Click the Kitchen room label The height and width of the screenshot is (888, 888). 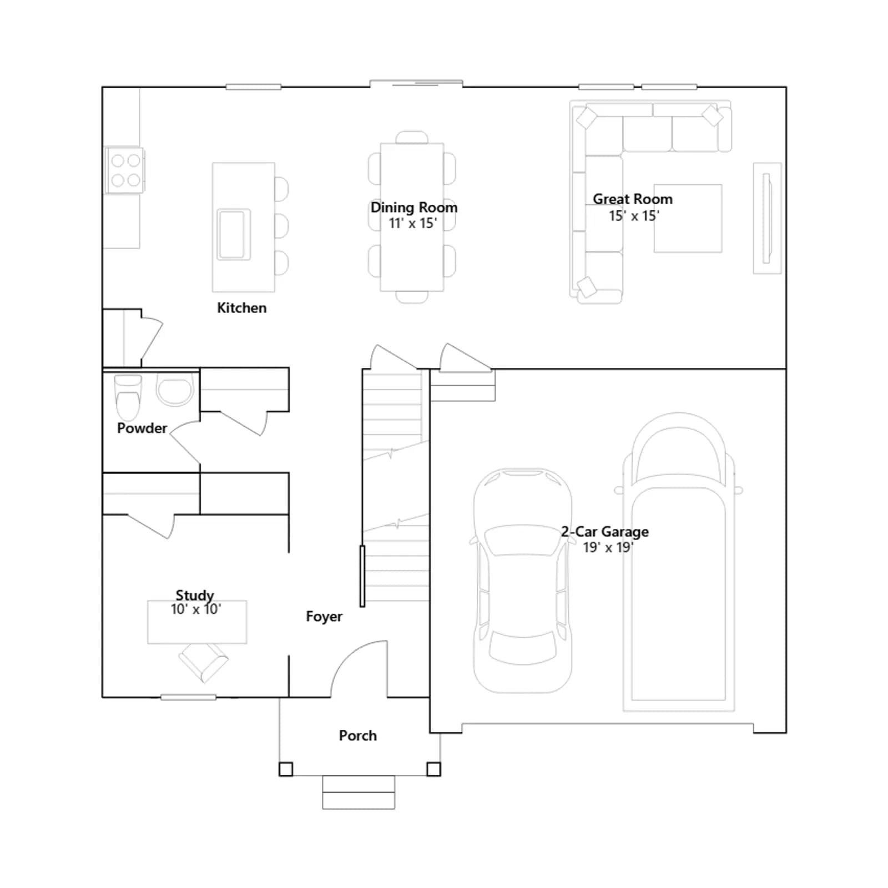(241, 307)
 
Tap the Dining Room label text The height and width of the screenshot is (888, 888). (414, 208)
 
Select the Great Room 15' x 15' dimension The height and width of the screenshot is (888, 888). (634, 216)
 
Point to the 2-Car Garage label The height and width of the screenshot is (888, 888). (604, 532)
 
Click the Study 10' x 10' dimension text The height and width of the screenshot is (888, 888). (196, 609)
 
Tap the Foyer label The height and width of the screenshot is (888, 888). (324, 617)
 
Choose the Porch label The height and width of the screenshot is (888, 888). (358, 735)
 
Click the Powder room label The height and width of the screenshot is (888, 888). (142, 428)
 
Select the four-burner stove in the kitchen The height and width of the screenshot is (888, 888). (125, 170)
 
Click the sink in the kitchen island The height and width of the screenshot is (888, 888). (234, 234)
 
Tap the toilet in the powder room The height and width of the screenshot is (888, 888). (128, 397)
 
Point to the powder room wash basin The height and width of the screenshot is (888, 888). (175, 389)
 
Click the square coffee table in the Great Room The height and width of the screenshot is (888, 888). (688, 219)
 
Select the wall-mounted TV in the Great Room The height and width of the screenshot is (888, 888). (767, 218)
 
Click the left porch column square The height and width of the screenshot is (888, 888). (286, 769)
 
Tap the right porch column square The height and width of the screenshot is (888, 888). (433, 769)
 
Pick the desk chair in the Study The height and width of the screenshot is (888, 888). (203, 662)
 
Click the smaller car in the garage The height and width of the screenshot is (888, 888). (522, 581)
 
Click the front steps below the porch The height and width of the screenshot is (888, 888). (359, 793)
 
